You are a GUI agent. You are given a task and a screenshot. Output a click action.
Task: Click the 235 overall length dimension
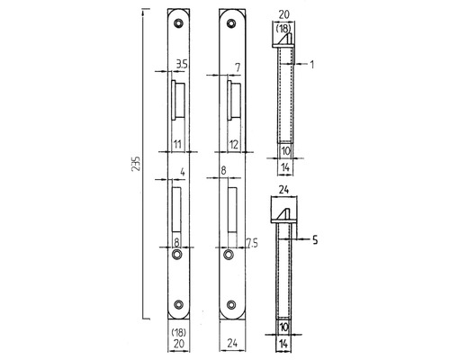136,164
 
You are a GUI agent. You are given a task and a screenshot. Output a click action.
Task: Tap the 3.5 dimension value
182,65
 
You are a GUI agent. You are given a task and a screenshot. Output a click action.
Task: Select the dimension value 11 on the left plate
178,144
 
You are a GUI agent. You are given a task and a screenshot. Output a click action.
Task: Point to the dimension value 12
233,144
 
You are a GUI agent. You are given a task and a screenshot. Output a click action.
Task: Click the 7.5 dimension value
252,243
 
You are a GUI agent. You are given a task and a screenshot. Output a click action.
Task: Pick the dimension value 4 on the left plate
183,173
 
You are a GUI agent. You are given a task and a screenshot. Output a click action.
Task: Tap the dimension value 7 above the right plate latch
238,67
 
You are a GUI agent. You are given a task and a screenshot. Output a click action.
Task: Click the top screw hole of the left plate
179,22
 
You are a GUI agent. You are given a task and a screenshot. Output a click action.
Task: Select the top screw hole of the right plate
230,22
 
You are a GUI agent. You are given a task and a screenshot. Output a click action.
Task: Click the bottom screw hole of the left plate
179,304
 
